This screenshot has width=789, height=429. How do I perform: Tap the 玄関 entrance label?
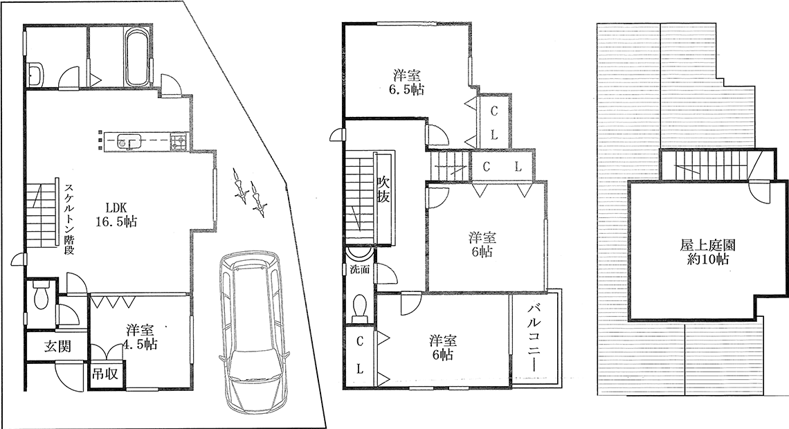coord(58,346)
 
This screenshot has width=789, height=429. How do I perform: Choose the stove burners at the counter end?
coord(178,141)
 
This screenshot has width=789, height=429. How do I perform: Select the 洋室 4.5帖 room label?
coord(141,338)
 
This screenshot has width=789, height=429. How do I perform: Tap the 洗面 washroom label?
coord(360,269)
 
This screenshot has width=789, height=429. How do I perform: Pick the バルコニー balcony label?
coord(534,339)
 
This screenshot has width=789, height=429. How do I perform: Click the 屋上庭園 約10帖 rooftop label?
coord(709,253)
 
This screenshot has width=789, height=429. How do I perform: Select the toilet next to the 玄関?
coord(39,295)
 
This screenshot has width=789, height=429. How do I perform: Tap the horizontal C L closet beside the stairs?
coord(502,167)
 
